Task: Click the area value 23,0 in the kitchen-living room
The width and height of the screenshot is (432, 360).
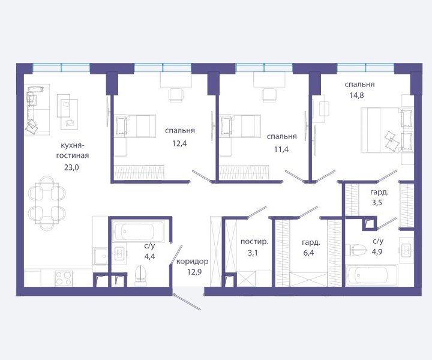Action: pos(71,167)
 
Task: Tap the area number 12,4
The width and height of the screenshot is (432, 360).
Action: pos(179,143)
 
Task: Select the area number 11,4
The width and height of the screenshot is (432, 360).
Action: pos(281,149)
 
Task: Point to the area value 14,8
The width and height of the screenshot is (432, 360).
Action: pos(357,95)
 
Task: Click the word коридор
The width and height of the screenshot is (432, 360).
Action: pos(193,261)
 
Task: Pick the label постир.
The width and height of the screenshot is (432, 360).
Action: pos(254,242)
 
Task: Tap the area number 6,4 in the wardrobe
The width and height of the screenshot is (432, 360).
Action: pos(308,253)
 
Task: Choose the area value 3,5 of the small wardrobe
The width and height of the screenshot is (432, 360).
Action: pos(377,203)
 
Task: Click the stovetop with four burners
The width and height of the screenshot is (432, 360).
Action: pos(64,278)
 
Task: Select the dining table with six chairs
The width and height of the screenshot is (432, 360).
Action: pos(47,203)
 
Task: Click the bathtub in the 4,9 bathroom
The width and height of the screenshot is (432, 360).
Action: pos(371,275)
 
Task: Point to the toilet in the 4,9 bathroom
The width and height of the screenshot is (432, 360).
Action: pos(358,250)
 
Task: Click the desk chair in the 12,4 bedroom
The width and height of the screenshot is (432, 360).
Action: pos(175,95)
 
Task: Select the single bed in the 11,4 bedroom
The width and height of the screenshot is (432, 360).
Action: pos(239,126)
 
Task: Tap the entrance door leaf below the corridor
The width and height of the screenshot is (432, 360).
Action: pos(187,302)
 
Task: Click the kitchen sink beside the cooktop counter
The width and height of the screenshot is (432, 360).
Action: pos(101,256)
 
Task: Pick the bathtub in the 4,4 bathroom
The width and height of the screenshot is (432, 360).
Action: pos(139,232)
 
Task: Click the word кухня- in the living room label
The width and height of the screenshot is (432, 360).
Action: pos(72,145)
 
